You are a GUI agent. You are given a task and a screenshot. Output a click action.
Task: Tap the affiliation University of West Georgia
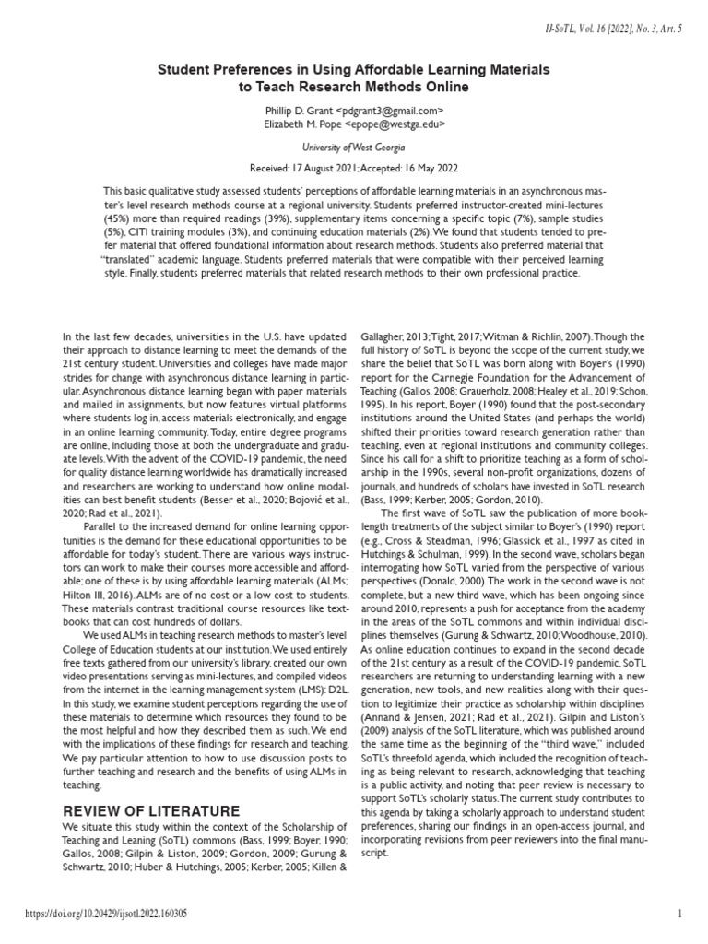(x=354, y=147)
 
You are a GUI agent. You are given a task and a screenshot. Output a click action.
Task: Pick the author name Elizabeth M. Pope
(x=306, y=124)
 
